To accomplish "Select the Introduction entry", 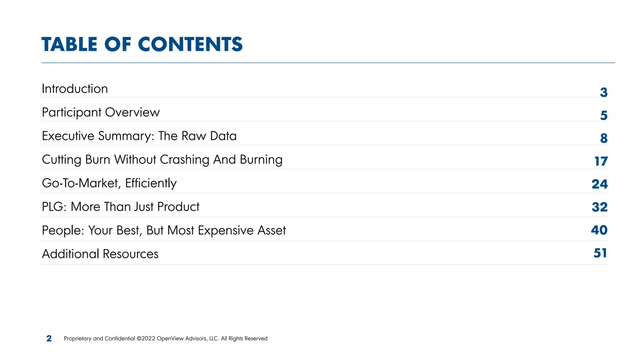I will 75,89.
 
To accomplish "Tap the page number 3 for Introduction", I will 603,92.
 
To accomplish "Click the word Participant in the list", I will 71,112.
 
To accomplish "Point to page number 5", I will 604,115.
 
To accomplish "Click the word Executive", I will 68,136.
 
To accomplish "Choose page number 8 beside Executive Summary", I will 604,138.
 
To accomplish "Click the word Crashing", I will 184,160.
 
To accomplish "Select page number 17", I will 601,161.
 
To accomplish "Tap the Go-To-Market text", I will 79,183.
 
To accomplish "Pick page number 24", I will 599,184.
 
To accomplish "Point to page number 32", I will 599,207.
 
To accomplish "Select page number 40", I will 599,230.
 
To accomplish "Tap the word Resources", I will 130,254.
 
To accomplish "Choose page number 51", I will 600,253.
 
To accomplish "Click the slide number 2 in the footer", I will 49,338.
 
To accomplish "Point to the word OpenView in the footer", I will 170,338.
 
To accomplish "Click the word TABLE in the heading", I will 69,44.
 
